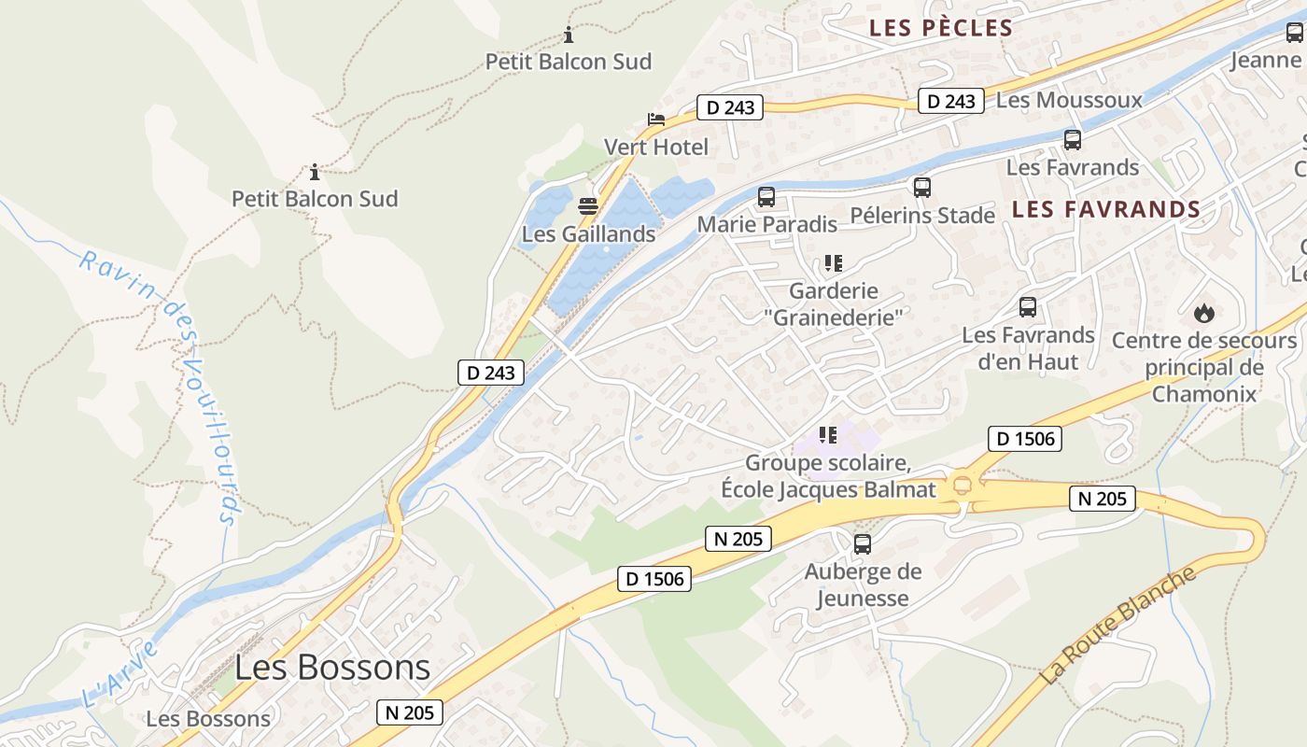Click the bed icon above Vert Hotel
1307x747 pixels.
[656, 120]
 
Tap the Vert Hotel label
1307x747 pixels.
[656, 147]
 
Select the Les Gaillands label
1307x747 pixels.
[588, 233]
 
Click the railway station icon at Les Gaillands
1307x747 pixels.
[588, 206]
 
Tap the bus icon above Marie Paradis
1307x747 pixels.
[766, 197]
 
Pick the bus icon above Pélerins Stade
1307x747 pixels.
[922, 188]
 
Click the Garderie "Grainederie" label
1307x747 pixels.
[834, 304]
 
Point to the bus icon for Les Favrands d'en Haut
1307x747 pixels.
[1028, 307]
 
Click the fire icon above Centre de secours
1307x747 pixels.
[1204, 313]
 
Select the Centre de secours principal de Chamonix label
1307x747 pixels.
[1204, 367]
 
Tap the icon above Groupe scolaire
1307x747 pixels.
[828, 435]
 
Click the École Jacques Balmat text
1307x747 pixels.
[828, 489]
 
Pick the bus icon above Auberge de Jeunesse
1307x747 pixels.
[863, 544]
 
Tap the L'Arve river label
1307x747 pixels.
[119, 675]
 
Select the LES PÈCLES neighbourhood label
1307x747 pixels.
[941, 28]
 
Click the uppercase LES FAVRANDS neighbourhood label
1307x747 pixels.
[1106, 209]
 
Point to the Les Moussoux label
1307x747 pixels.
[1070, 100]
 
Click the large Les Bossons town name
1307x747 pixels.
[332, 668]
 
